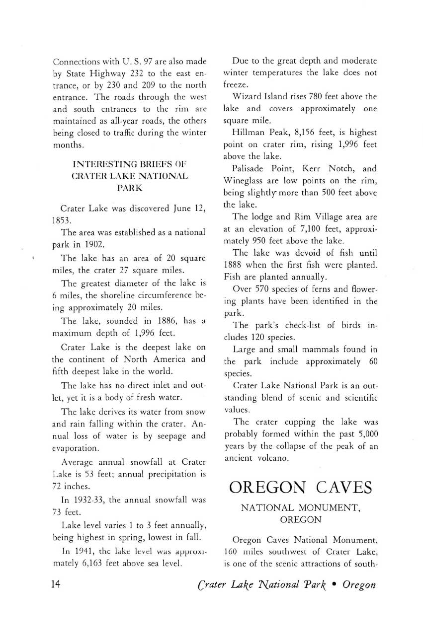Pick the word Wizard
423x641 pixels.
[249, 96]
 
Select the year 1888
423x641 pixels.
[236, 265]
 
